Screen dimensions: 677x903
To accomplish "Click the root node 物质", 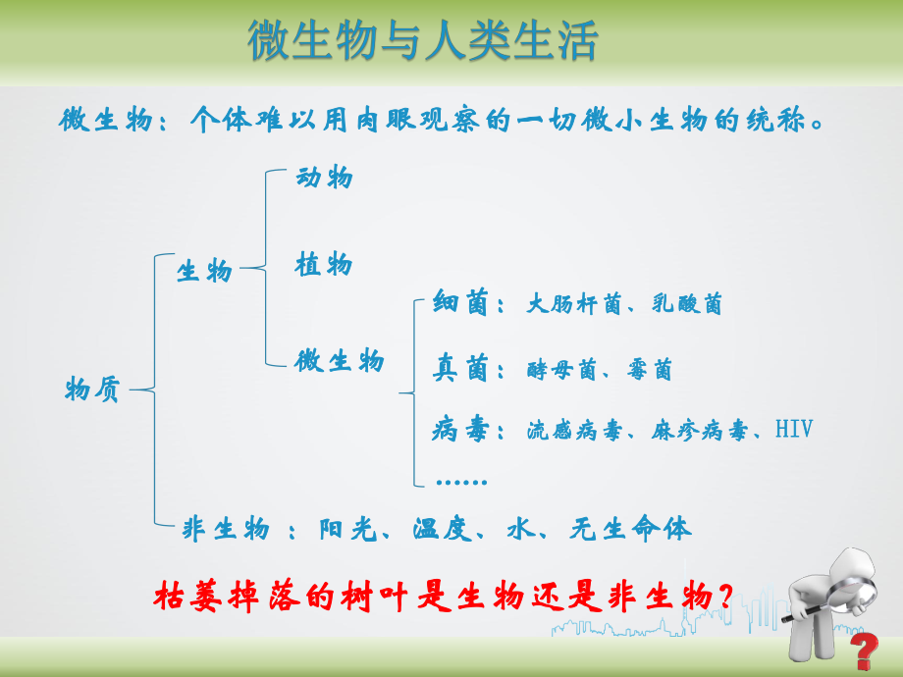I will pos(92,390).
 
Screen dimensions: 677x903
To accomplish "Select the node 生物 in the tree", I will pos(204,271).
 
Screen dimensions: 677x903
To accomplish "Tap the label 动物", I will pos(324,179).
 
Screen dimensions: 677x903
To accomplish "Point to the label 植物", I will pos(324,265).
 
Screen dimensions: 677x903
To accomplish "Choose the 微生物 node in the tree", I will pos(340,361).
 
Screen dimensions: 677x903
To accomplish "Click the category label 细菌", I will pos(460,304).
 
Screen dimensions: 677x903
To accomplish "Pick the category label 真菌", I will pos(460,370).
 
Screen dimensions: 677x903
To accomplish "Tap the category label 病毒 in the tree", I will pos(460,431).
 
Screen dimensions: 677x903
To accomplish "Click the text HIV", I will pos(793,430).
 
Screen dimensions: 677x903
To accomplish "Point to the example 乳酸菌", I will pos(687,305).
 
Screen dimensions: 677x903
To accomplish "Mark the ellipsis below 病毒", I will pos(460,481).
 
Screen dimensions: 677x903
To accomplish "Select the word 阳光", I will pos(346,530).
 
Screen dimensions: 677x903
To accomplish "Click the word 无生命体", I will pos(630,530).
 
